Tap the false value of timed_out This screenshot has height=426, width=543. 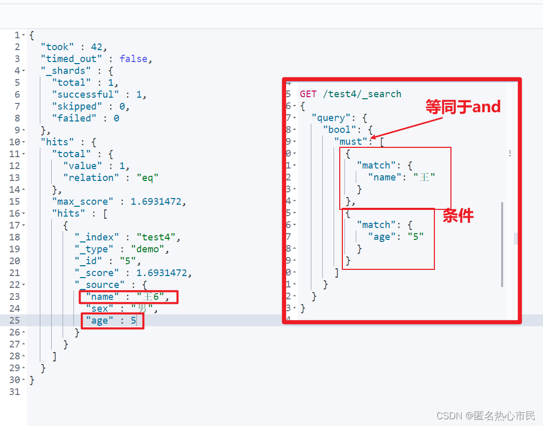[133, 59]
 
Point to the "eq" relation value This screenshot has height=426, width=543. [147, 178]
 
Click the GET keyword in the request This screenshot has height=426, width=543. [308, 94]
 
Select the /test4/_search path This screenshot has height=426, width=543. [362, 94]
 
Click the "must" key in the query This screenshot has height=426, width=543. [351, 142]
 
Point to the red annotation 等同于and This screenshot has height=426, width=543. [463, 107]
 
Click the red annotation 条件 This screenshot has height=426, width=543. [458, 216]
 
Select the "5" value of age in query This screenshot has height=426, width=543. [415, 237]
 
